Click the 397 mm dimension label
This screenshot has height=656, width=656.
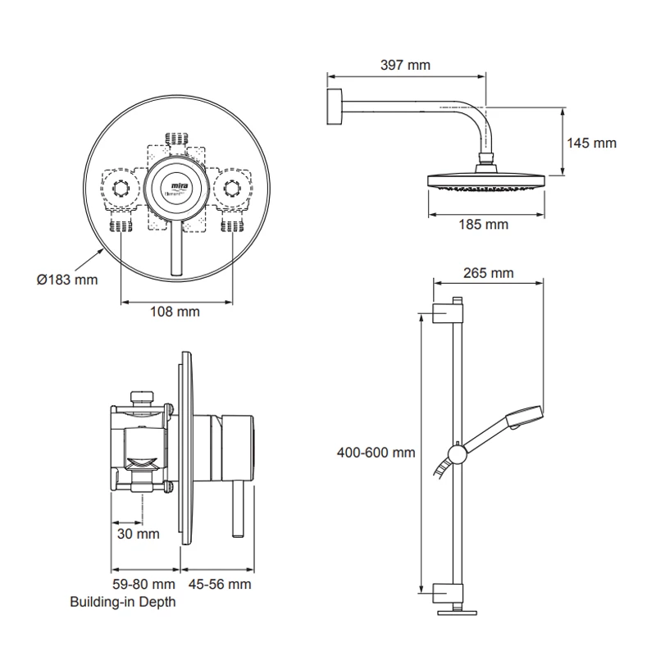405,65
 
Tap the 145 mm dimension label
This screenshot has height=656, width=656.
591,143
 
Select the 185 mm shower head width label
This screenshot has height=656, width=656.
483,224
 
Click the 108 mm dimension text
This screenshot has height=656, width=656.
175,312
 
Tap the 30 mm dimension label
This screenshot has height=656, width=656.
136,534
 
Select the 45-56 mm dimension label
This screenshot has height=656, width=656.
219,584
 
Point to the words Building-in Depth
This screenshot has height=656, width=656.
123,602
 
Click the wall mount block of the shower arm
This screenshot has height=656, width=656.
334,109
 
